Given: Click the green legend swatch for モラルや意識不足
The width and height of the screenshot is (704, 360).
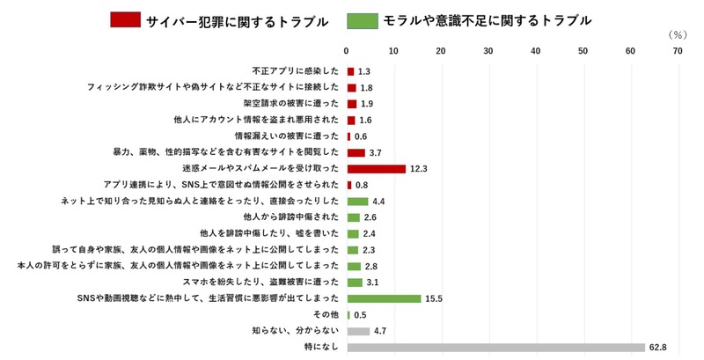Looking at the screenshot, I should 361,19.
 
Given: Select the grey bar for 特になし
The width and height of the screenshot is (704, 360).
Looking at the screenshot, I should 495,348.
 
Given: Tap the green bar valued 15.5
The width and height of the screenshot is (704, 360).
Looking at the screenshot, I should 384,298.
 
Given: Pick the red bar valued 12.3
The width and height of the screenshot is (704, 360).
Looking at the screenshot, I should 376,168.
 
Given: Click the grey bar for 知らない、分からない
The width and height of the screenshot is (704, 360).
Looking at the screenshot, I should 358,331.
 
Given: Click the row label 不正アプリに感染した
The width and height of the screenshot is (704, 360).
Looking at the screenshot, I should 295,71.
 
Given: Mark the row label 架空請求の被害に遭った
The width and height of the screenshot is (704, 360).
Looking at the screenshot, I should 287,104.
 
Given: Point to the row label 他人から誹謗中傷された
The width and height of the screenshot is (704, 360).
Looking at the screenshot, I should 290,217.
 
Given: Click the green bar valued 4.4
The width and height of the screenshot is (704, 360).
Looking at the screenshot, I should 357,201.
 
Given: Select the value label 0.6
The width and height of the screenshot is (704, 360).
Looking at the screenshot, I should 361,136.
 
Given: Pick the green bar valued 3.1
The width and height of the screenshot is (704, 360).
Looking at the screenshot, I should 355,283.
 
